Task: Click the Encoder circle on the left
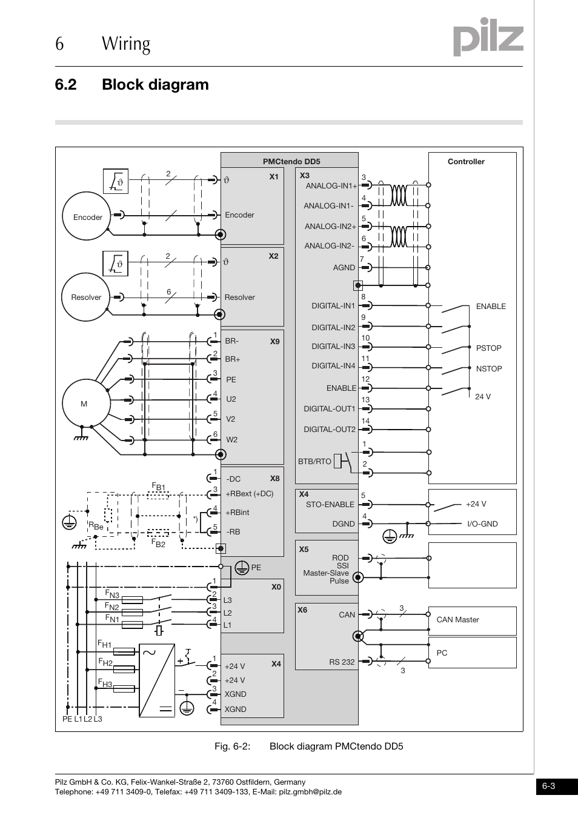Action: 88,217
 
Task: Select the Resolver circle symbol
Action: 87,297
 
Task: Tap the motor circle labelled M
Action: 85,404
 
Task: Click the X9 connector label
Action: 274,342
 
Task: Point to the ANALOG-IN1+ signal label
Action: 331,186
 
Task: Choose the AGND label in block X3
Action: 344,267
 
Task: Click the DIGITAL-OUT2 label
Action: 330,429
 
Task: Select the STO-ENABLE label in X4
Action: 330,504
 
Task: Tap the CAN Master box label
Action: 457,619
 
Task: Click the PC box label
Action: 442,653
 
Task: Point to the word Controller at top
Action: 466,162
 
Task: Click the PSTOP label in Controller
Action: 488,348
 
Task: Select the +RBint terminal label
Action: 238,512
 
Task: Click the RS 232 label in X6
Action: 342,662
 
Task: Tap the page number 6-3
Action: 549,786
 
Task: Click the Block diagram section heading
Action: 155,84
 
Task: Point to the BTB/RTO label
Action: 314,461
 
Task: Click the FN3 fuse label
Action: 112,594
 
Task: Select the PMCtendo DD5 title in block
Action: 291,162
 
